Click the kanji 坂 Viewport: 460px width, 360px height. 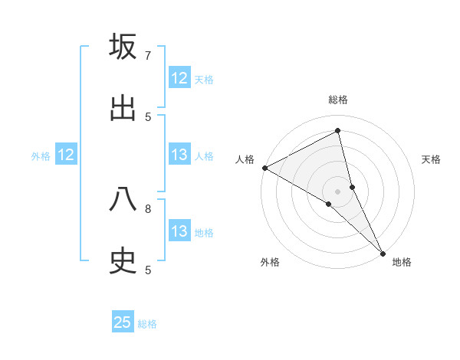[x=123, y=47]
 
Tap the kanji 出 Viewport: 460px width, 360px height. [x=123, y=108]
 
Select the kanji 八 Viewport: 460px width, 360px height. [x=123, y=200]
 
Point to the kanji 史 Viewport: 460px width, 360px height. [x=123, y=261]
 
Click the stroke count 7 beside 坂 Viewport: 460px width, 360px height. [x=148, y=56]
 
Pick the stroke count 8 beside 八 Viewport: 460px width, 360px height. [x=148, y=208]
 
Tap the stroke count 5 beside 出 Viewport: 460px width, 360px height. [x=148, y=117]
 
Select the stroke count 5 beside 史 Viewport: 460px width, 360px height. [x=148, y=270]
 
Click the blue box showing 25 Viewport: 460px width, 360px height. [x=123, y=322]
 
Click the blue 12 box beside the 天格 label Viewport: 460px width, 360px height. [x=179, y=78]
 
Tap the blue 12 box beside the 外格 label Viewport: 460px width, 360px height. [x=66, y=155]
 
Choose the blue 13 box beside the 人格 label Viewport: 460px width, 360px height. [x=179, y=155]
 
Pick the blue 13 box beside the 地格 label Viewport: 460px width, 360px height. [x=179, y=231]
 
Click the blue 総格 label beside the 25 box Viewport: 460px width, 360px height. [x=147, y=324]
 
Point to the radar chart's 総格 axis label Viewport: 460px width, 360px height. [x=338, y=100]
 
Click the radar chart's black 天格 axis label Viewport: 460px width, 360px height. [x=432, y=159]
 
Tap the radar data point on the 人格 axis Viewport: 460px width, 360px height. [x=264, y=168]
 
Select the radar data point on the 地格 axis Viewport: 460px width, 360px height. [x=383, y=252]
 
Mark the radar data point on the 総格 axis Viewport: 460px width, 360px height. [x=338, y=131]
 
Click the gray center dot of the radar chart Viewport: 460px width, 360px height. [x=338, y=191]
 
